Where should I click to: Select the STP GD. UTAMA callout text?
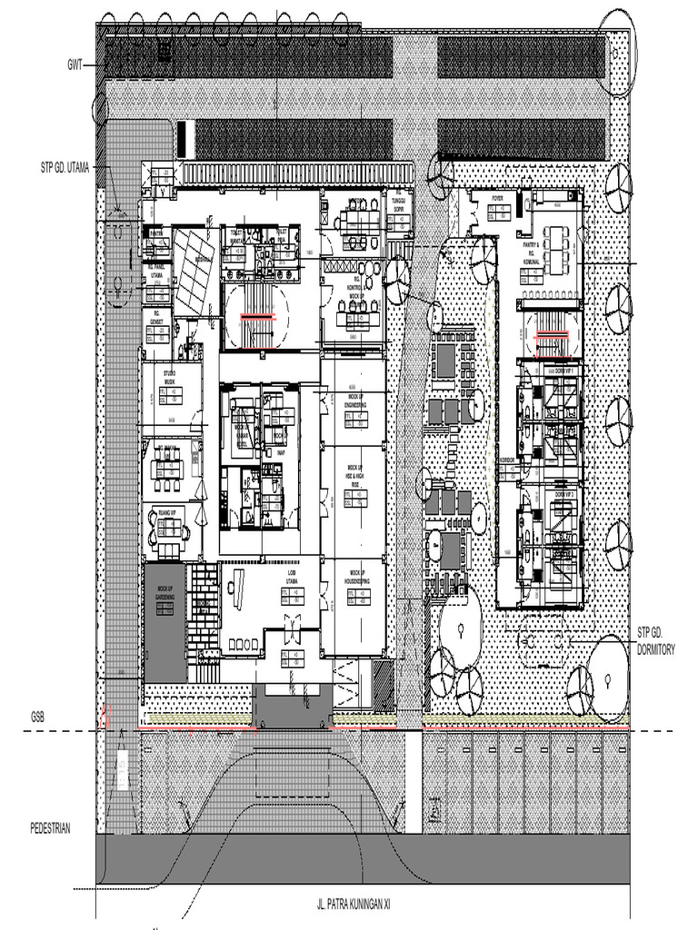65,168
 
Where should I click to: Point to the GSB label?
37,717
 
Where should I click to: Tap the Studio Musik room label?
170,376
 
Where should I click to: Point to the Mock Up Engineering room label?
354,401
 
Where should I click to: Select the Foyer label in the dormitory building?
497,197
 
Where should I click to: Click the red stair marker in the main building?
259,317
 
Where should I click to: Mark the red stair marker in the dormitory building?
553,334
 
